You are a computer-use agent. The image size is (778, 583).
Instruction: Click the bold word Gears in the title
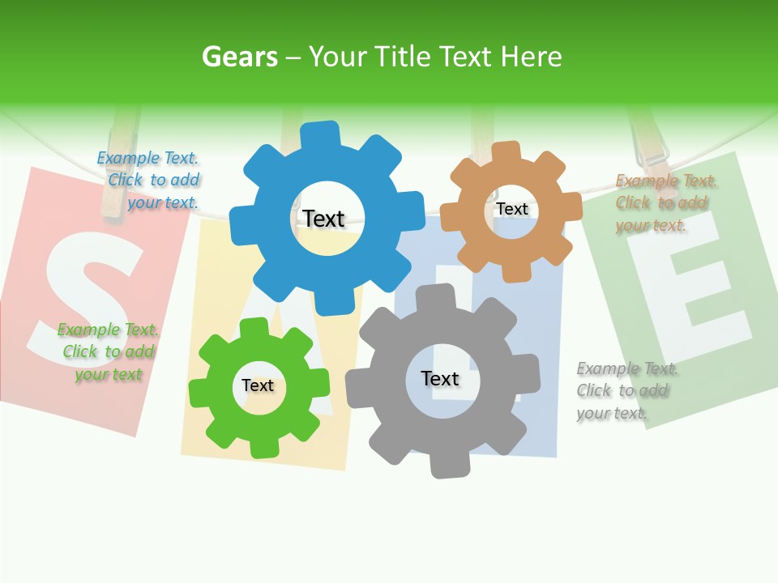(x=239, y=57)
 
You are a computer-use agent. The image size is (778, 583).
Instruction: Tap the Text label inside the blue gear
(x=323, y=219)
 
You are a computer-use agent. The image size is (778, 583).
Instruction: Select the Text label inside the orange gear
(x=512, y=209)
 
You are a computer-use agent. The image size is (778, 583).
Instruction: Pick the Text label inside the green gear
(x=258, y=385)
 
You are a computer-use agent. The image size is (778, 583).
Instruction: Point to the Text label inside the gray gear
(x=440, y=378)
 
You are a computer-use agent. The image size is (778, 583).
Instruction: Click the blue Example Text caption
(x=149, y=181)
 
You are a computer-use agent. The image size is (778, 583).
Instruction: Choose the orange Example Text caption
(x=665, y=202)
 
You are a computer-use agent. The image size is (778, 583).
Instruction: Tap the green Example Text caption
(x=108, y=351)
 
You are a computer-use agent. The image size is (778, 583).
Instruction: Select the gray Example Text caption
(x=626, y=390)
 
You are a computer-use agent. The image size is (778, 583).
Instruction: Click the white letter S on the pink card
(x=85, y=300)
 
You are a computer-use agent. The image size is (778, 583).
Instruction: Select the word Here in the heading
(x=531, y=57)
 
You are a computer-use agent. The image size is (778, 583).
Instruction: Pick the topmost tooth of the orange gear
(x=506, y=151)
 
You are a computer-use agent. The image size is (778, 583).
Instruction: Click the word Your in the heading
(x=338, y=57)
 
